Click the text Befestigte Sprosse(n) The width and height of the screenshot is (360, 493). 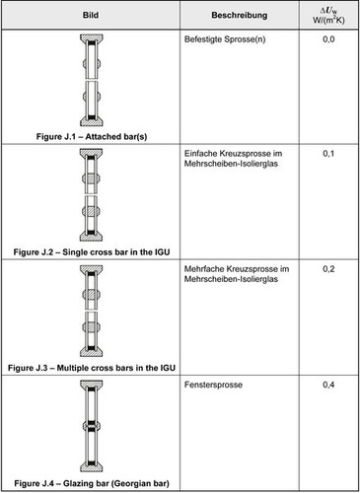coord(226,41)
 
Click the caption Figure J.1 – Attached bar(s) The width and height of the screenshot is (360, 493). coord(92,134)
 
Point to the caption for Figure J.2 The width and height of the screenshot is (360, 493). coord(92,248)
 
